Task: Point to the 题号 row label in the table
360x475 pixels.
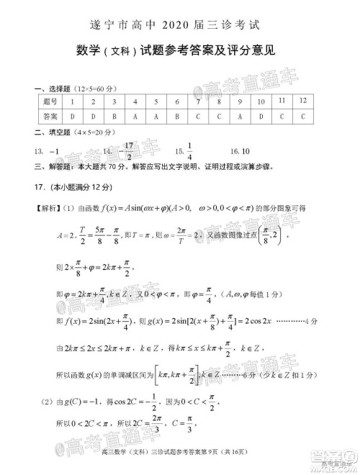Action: pyautogui.click(x=50, y=101)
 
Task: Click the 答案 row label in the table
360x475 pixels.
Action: pyautogui.click(x=50, y=116)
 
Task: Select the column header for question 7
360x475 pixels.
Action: pyautogui.click(x=198, y=101)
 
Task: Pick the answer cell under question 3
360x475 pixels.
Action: pyautogui.click(x=114, y=116)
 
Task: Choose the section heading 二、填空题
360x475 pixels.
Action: pyautogui.click(x=53, y=132)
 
